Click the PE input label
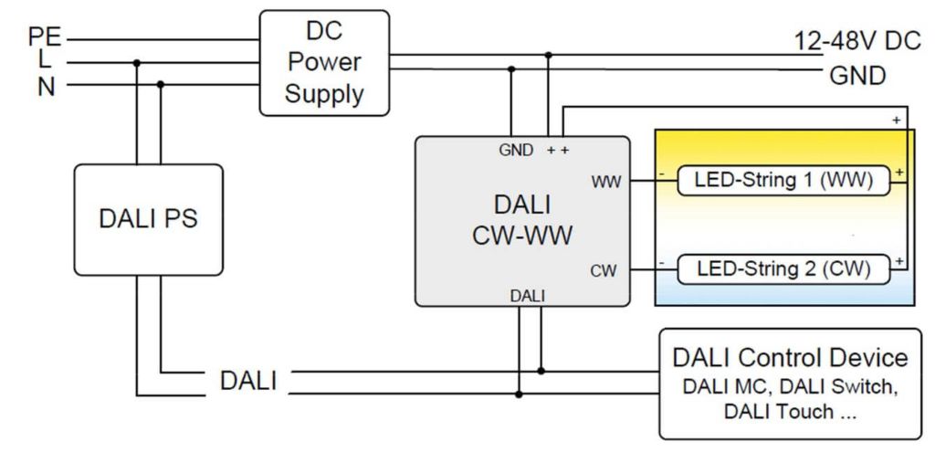click(x=45, y=37)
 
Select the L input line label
click(x=45, y=62)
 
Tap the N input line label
click(x=46, y=88)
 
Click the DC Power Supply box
click(x=324, y=62)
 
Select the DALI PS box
click(x=148, y=220)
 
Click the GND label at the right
click(x=856, y=76)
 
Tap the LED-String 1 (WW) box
click(x=783, y=181)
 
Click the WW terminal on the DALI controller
click(x=605, y=182)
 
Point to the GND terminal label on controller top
click(x=516, y=150)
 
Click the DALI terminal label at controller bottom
click(x=528, y=295)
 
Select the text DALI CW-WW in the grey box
click(x=522, y=219)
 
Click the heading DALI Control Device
click(x=790, y=357)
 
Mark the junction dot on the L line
click(x=136, y=63)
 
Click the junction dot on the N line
click(x=161, y=85)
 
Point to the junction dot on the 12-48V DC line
click(x=548, y=55)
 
